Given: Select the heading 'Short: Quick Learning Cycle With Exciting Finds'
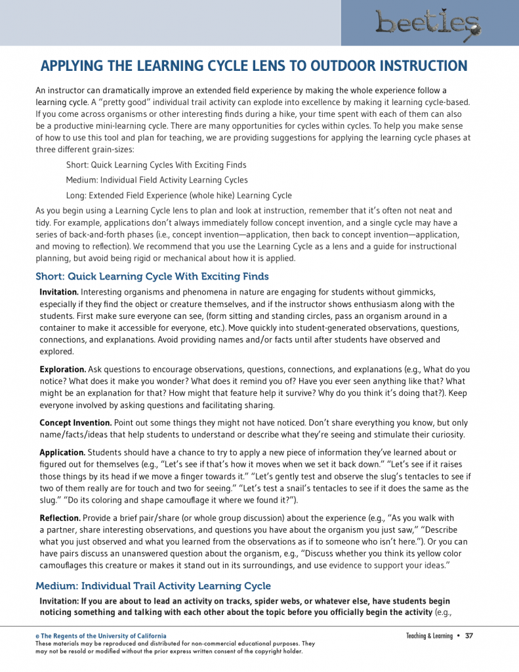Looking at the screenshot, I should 152,276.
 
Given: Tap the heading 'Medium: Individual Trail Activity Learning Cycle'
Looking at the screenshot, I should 153,585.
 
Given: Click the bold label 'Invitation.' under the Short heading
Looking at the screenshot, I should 59,291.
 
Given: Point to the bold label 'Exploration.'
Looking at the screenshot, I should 63,369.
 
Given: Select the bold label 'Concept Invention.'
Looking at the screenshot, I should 75,423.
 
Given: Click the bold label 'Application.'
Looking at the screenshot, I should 62,453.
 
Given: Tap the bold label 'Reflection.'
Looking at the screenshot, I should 60,518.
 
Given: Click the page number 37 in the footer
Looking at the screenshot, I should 469,636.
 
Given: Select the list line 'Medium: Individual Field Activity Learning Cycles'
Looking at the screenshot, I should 157,180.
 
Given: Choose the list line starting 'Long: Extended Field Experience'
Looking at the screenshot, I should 178,196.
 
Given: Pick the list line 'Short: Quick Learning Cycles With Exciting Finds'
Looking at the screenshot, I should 156,165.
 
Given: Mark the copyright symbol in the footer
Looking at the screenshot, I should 37,637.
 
